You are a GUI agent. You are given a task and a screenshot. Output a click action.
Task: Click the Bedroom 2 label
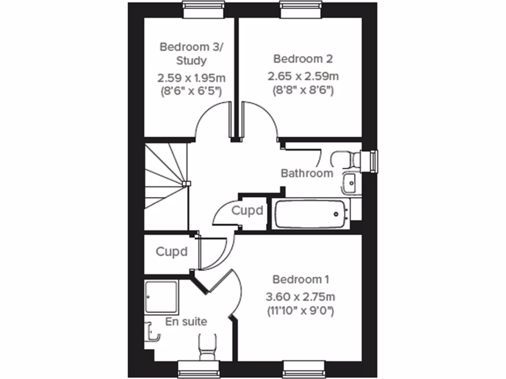pos(303,59)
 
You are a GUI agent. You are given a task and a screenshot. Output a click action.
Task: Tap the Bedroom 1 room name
pos(301,279)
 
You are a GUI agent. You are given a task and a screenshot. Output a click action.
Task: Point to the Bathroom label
pos(306,173)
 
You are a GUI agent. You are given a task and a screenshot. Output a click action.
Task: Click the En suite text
pos(186,321)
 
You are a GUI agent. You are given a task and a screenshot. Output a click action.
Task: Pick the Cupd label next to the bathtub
pos(247,211)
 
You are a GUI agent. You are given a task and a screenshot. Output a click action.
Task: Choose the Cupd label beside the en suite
pos(171,252)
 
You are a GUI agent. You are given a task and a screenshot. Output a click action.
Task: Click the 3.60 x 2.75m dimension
pos(300,297)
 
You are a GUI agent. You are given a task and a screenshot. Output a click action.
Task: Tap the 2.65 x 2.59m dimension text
pos(303,76)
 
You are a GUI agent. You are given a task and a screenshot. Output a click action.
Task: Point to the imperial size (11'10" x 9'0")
pos(300,311)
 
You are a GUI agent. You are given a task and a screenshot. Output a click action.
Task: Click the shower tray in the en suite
pos(162,297)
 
